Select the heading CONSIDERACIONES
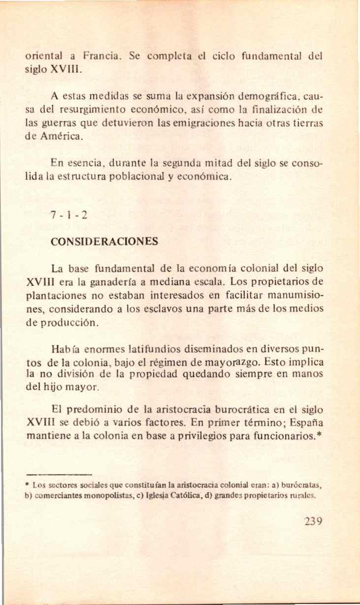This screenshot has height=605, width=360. pyautogui.click(x=104, y=242)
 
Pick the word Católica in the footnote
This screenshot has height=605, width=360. pyautogui.click(x=190, y=496)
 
